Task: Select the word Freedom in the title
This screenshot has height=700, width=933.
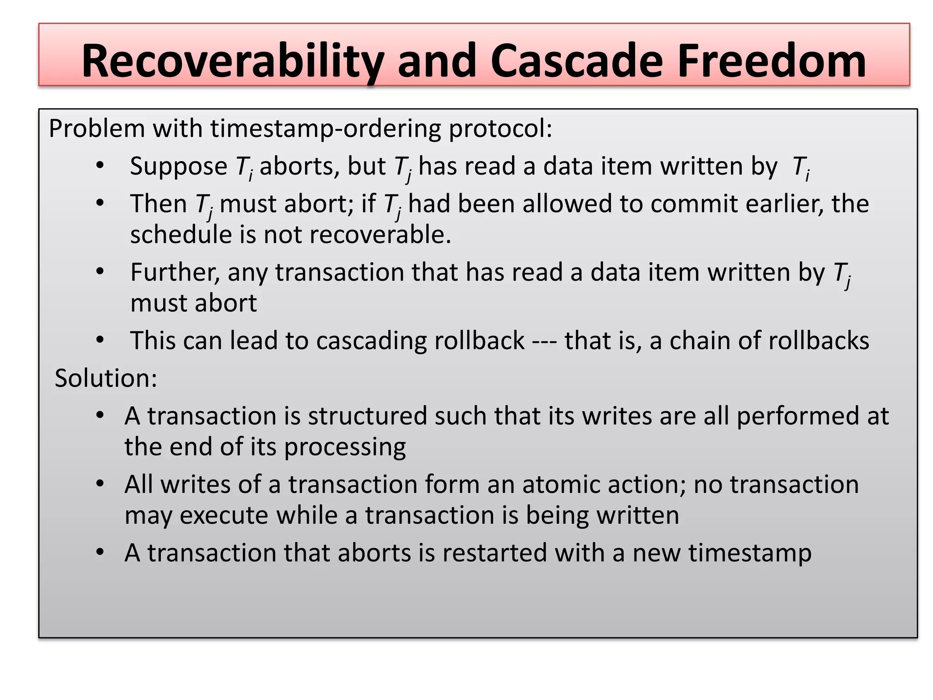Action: coord(771,61)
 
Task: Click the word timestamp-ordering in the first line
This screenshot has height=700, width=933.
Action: coord(325,129)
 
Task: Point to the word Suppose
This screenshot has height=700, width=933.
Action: coord(178,167)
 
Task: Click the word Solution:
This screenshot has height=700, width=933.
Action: coord(106,378)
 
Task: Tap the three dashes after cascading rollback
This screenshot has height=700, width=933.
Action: coord(544,341)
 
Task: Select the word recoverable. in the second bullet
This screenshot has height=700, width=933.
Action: coord(357,235)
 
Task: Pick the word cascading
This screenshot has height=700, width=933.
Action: coord(371,341)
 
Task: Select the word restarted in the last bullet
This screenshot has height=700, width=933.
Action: coord(494,553)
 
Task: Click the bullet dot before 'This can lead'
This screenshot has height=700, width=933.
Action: coord(100,340)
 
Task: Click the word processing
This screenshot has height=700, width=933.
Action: coord(345,447)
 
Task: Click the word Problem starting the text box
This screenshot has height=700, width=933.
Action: coord(97,129)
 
